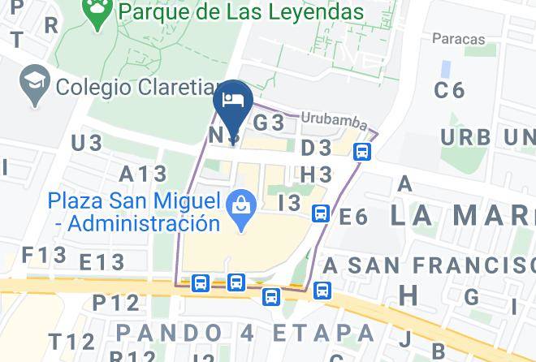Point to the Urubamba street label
pyautogui.click(x=334, y=119)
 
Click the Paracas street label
pyautogui.click(x=458, y=39)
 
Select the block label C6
pyautogui.click(x=449, y=90)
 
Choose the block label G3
pyautogui.click(x=269, y=123)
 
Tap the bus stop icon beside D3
pyautogui.click(x=362, y=151)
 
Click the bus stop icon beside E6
pyautogui.click(x=321, y=213)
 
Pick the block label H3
pyautogui.click(x=317, y=175)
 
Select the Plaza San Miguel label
pyautogui.click(x=134, y=211)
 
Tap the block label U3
pyautogui.click(x=86, y=144)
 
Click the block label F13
pyautogui.click(x=44, y=255)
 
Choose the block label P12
pyautogui.click(x=116, y=303)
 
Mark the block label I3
pyautogui.click(x=289, y=203)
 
